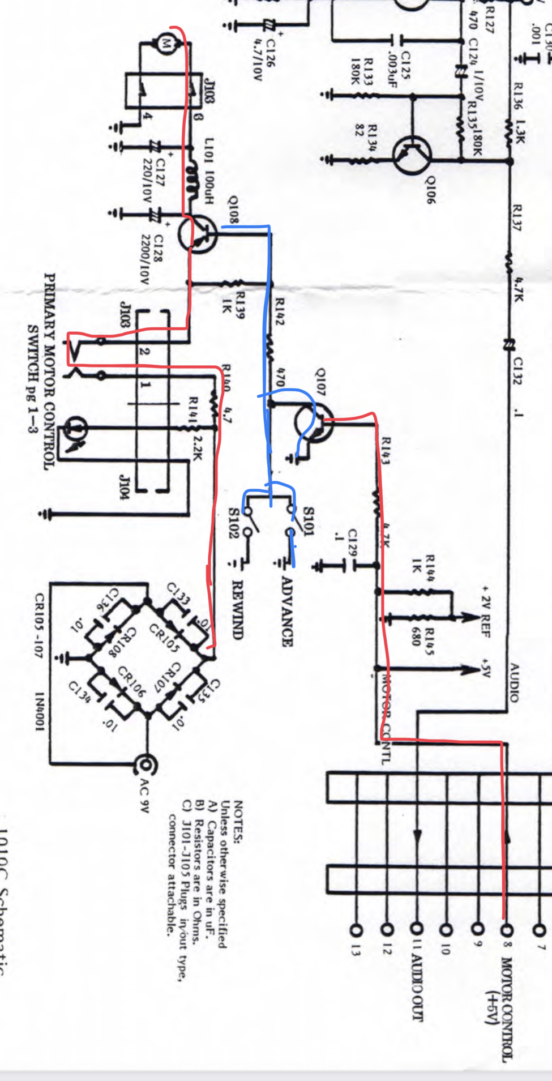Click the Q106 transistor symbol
412,156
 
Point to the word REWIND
238,609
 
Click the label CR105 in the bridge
164,639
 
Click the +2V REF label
486,612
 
